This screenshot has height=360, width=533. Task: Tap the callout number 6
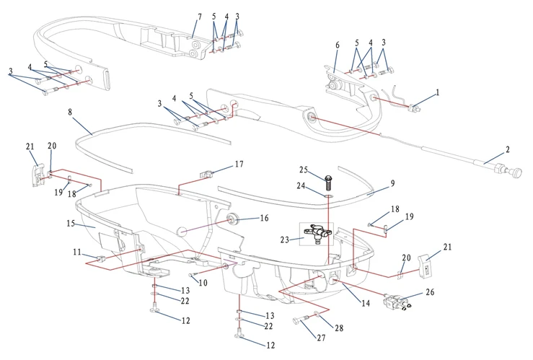click(337, 45)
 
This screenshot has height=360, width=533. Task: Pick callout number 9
click(392, 183)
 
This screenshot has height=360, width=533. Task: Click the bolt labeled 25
click(328, 176)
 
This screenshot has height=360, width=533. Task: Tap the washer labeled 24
click(327, 194)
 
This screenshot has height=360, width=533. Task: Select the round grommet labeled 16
click(233, 218)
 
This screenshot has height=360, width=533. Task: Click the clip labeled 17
click(208, 173)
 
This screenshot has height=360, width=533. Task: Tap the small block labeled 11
click(100, 258)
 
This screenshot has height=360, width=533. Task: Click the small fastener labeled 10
click(192, 275)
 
